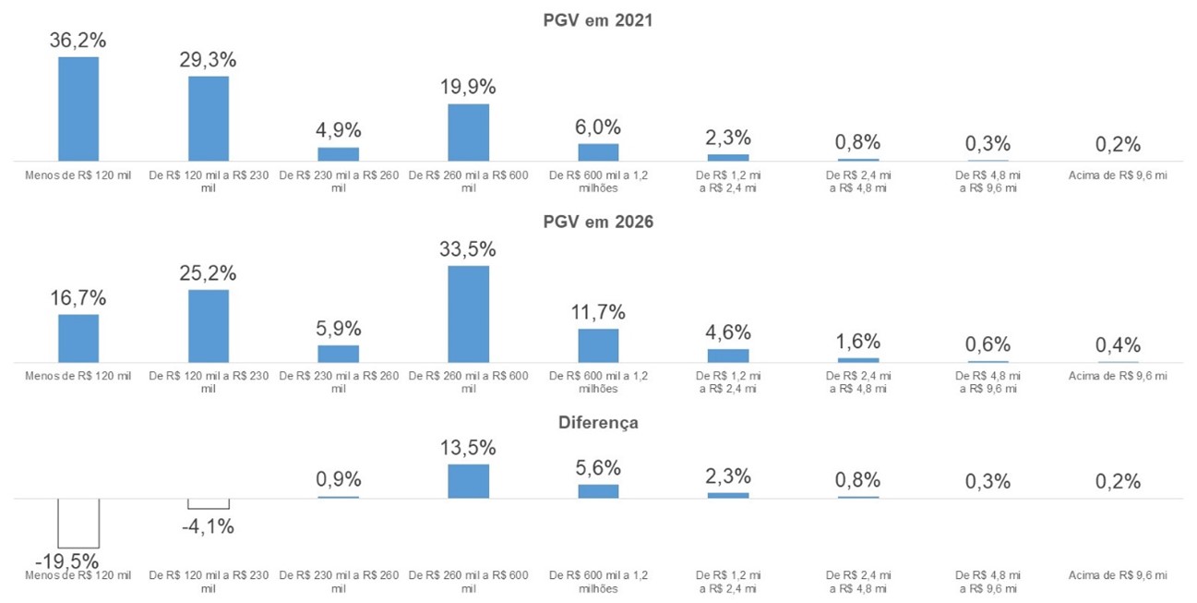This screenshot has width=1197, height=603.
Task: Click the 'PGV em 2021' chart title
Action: click(598, 19)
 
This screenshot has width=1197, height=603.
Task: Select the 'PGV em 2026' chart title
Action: click(598, 222)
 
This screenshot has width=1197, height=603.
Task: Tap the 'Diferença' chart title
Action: click(598, 422)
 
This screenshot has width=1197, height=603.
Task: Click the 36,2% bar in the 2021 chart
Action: click(78, 109)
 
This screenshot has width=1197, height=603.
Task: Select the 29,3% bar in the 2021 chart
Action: click(209, 118)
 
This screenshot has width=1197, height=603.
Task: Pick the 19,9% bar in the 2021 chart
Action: click(469, 132)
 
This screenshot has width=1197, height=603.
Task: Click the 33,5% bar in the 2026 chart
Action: click(469, 314)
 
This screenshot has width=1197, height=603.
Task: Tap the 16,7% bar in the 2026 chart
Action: click(78, 338)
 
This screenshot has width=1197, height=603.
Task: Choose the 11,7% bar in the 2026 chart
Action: click(599, 345)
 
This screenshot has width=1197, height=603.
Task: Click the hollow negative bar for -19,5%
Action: click(78, 524)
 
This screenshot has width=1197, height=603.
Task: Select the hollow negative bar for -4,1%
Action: click(209, 504)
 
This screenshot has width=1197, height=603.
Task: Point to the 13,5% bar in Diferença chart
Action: click(469, 481)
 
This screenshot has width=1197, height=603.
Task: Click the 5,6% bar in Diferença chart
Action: click(599, 491)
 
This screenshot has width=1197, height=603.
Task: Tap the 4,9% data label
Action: click(339, 128)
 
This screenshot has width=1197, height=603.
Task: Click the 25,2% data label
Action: click(209, 274)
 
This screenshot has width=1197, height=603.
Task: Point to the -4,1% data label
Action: click(209, 527)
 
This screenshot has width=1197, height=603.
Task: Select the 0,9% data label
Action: click(339, 479)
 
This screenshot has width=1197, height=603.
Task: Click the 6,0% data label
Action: click(599, 127)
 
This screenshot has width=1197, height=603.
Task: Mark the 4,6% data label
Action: click(728, 332)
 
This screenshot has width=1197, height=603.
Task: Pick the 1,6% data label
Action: click(858, 341)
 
